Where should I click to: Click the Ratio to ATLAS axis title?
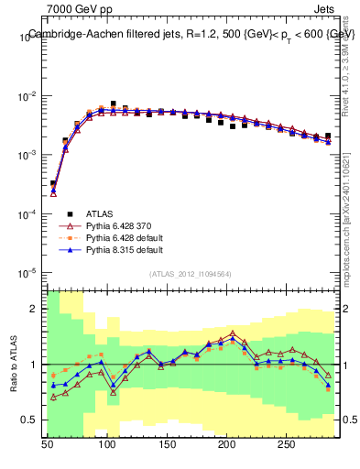[13, 366]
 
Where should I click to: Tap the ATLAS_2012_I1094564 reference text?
[190, 273]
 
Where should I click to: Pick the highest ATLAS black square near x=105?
[114, 104]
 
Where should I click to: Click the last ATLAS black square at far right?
[328, 136]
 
